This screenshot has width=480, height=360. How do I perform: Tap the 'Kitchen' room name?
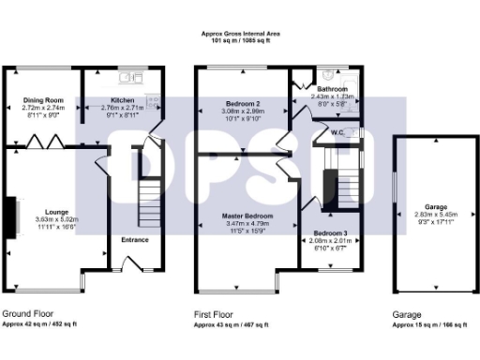point(124,100)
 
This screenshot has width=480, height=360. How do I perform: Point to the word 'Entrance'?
point(135,239)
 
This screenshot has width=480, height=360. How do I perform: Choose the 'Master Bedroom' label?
point(247,217)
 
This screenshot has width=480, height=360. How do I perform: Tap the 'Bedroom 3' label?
point(330,232)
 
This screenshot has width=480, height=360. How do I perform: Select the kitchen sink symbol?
point(135,74)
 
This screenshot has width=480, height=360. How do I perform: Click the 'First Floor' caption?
point(214,315)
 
